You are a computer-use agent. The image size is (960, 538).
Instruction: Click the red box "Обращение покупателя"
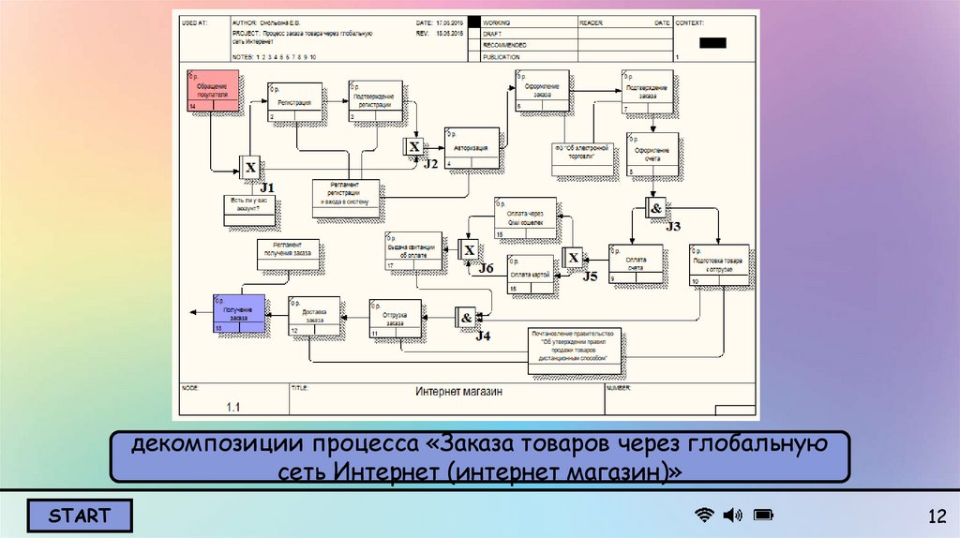[x=213, y=91]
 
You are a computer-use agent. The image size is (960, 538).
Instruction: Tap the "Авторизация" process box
[x=472, y=148]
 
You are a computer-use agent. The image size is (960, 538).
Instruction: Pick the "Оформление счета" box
[x=652, y=154]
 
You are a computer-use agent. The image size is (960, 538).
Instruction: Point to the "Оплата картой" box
[x=532, y=274]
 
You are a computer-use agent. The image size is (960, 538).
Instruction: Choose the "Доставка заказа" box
[x=314, y=316]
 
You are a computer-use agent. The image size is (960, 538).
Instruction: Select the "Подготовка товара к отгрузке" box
[x=719, y=264]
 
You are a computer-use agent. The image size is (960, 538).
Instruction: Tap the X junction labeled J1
[x=250, y=169]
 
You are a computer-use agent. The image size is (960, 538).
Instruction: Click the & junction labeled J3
[x=656, y=208]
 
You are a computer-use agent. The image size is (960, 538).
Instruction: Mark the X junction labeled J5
[x=573, y=258]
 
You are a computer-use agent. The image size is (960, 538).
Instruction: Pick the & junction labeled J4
[x=466, y=318]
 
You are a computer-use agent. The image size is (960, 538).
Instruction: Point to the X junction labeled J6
[x=469, y=249]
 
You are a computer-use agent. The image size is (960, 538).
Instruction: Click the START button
[x=80, y=516]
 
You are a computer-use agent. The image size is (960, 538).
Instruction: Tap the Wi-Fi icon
[x=703, y=515]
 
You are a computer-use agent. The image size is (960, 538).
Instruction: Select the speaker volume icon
[x=732, y=515]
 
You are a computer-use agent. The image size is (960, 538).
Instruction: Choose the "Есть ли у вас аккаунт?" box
[x=250, y=210]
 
